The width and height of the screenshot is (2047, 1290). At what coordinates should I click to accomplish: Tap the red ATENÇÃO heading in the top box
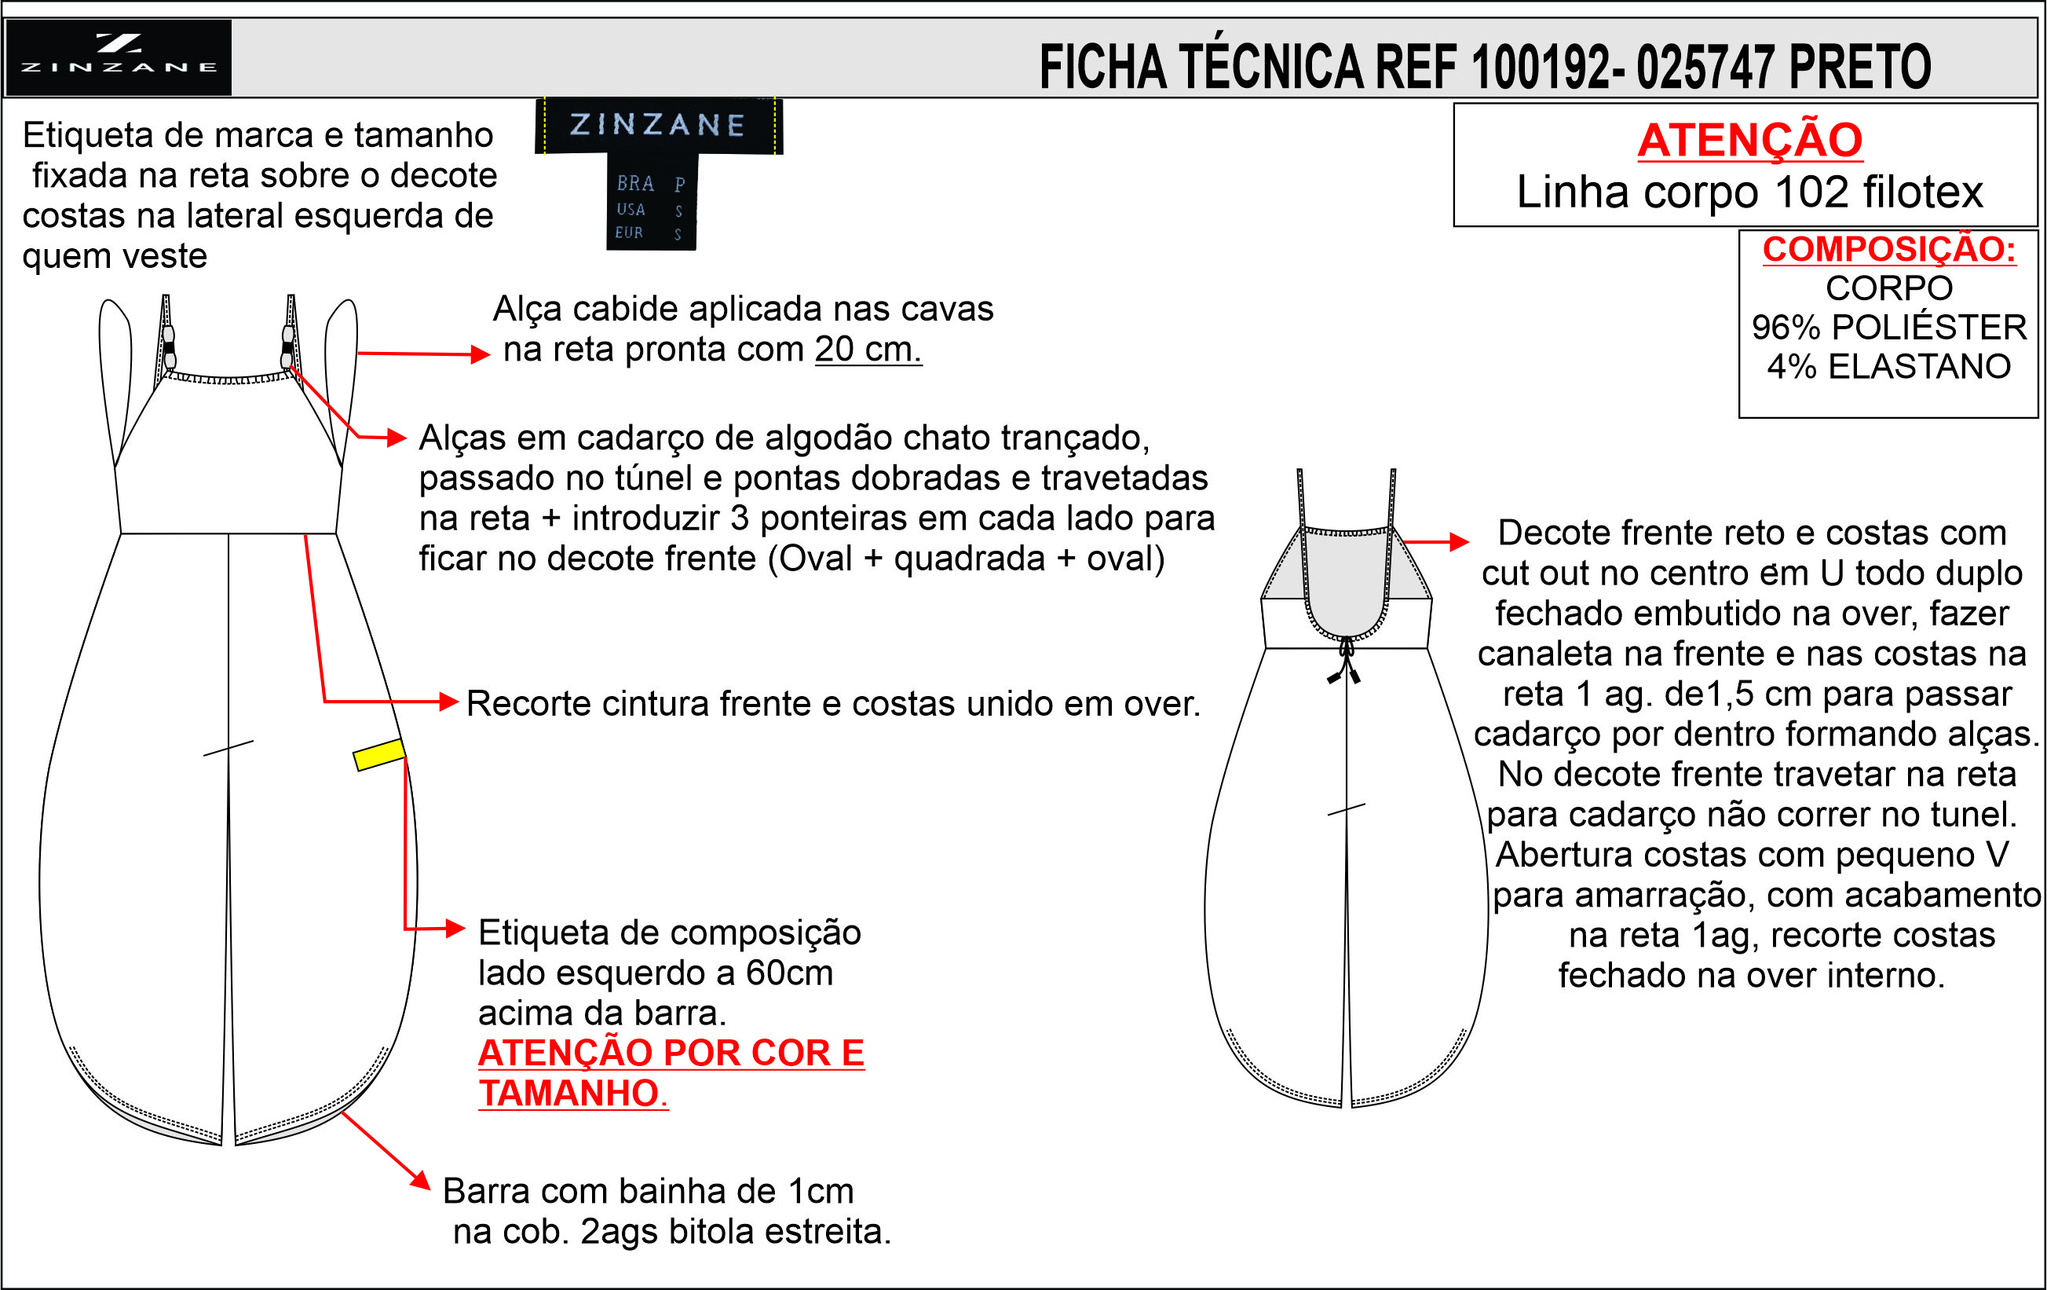[1749, 141]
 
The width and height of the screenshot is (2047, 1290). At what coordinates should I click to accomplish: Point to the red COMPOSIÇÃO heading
[1889, 249]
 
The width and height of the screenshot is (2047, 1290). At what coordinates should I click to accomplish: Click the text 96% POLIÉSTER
[1889, 328]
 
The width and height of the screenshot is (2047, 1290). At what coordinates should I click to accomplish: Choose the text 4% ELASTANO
[1889, 367]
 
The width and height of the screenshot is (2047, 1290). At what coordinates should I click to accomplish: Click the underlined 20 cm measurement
[868, 350]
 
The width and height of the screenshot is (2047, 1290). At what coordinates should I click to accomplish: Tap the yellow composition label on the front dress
[379, 754]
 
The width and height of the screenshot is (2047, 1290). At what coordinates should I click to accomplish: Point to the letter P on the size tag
[679, 185]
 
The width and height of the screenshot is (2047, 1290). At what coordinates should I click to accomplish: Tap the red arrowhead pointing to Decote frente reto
[1460, 541]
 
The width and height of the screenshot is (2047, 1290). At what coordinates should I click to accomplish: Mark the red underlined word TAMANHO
[569, 1094]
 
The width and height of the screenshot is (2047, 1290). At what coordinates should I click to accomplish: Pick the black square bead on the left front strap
[168, 348]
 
